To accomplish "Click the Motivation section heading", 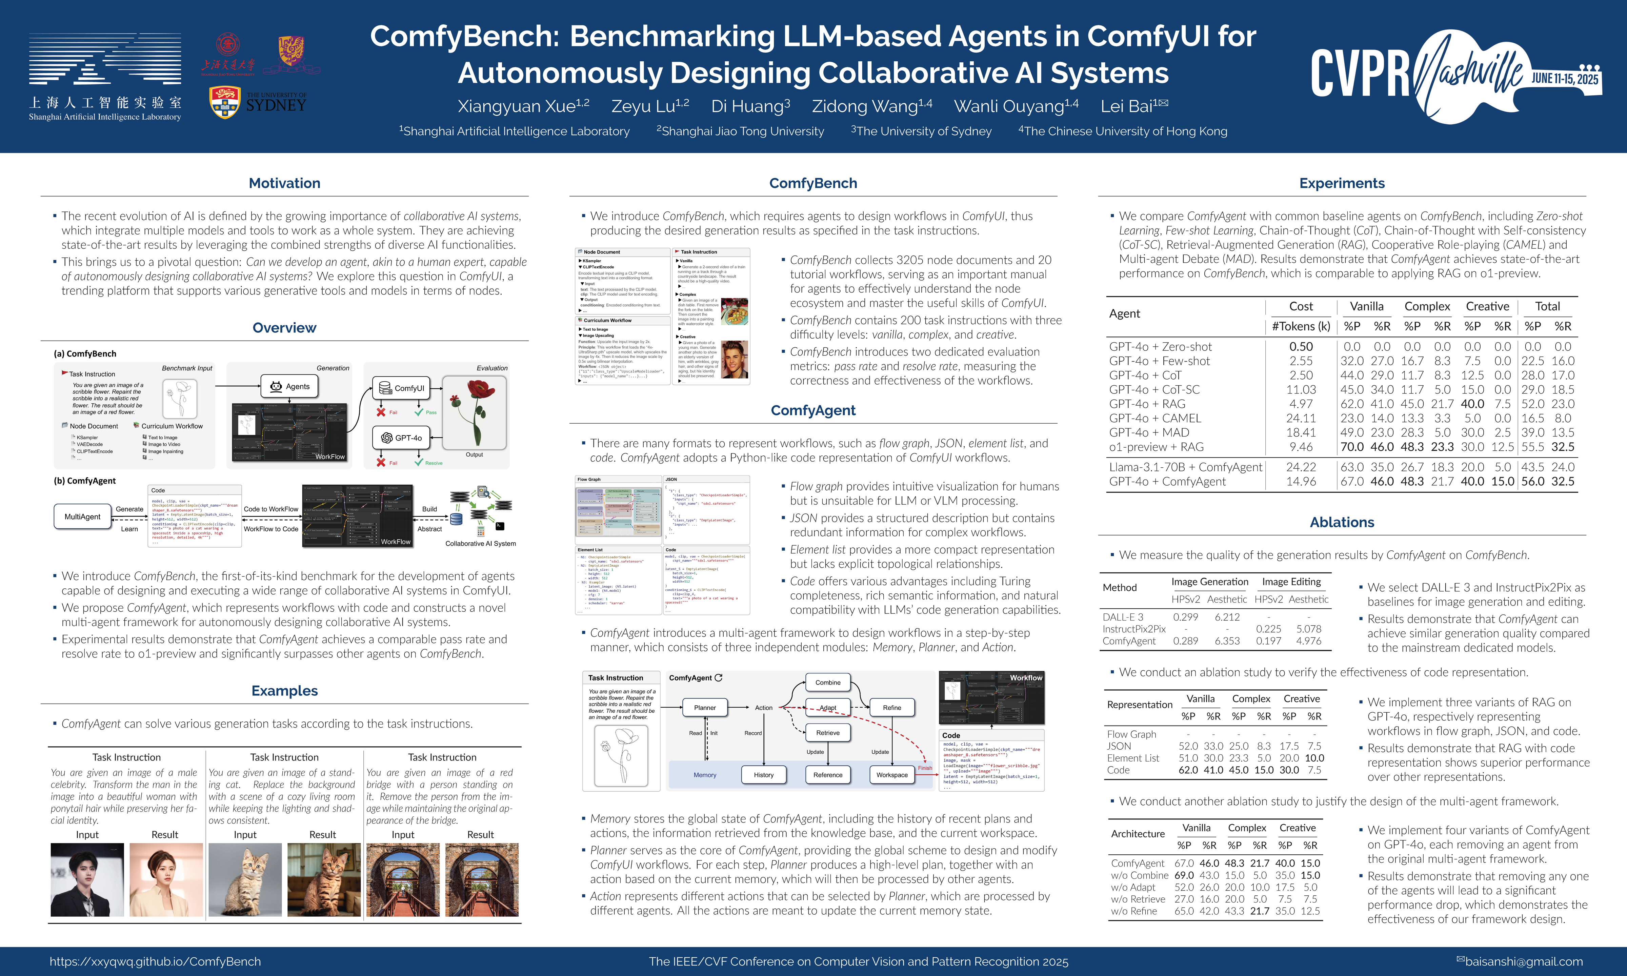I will point(284,183).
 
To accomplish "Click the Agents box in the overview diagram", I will point(290,386).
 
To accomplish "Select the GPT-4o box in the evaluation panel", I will point(402,438).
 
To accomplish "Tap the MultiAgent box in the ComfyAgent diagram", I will point(82,517).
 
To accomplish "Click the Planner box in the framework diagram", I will point(704,708).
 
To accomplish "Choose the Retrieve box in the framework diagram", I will point(827,733).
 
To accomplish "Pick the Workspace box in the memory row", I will point(891,775).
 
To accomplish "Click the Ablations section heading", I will point(1342,522).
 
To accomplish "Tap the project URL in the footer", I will point(155,961).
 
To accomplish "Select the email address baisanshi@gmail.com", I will point(1523,961).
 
